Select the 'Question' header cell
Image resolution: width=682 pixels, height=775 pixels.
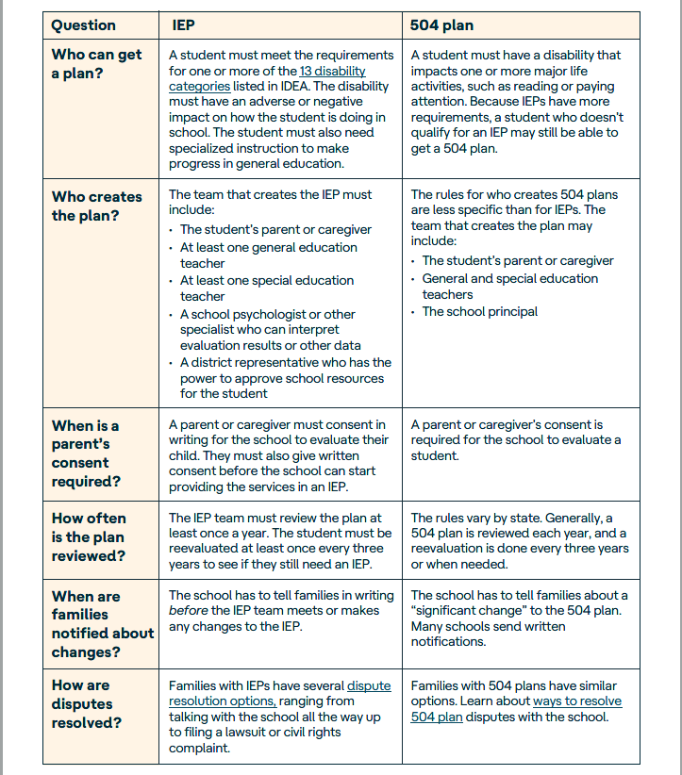point(84,25)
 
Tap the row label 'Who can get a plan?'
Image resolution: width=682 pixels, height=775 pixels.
point(96,64)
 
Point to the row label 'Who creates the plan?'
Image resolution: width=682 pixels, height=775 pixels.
point(96,206)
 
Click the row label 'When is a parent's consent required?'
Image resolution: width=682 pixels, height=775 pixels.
point(86,453)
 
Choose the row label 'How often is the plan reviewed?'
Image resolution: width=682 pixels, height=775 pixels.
point(89,536)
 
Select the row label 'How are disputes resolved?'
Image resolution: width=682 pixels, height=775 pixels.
point(87,703)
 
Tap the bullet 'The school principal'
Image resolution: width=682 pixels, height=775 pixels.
point(480,311)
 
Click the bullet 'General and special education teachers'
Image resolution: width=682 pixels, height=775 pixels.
point(509,286)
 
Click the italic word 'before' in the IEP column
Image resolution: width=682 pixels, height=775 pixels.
point(188,610)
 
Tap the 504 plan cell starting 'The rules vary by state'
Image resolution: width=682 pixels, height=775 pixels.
point(519,541)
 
